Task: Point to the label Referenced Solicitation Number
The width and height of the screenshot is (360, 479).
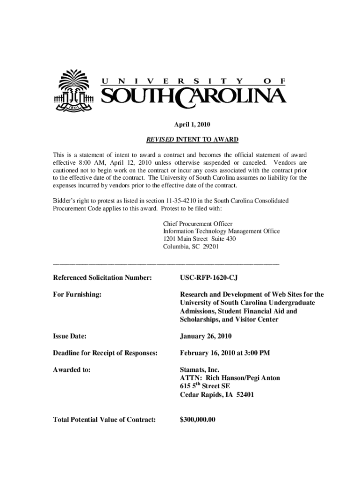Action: click(103, 278)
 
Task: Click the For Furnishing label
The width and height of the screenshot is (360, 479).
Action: click(79, 295)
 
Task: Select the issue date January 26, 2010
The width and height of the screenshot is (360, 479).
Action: click(206, 336)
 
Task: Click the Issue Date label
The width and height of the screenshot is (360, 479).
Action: click(71, 336)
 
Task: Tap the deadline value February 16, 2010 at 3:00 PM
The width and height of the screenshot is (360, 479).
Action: click(225, 353)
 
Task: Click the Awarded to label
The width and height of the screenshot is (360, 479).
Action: click(72, 370)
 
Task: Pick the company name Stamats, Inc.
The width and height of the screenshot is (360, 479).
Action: click(200, 370)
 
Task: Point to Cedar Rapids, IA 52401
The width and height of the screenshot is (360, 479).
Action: click(217, 395)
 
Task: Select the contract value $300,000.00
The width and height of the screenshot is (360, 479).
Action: click(198, 420)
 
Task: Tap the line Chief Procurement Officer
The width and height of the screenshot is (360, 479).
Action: click(198, 224)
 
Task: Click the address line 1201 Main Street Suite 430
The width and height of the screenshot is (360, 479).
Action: click(200, 239)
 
